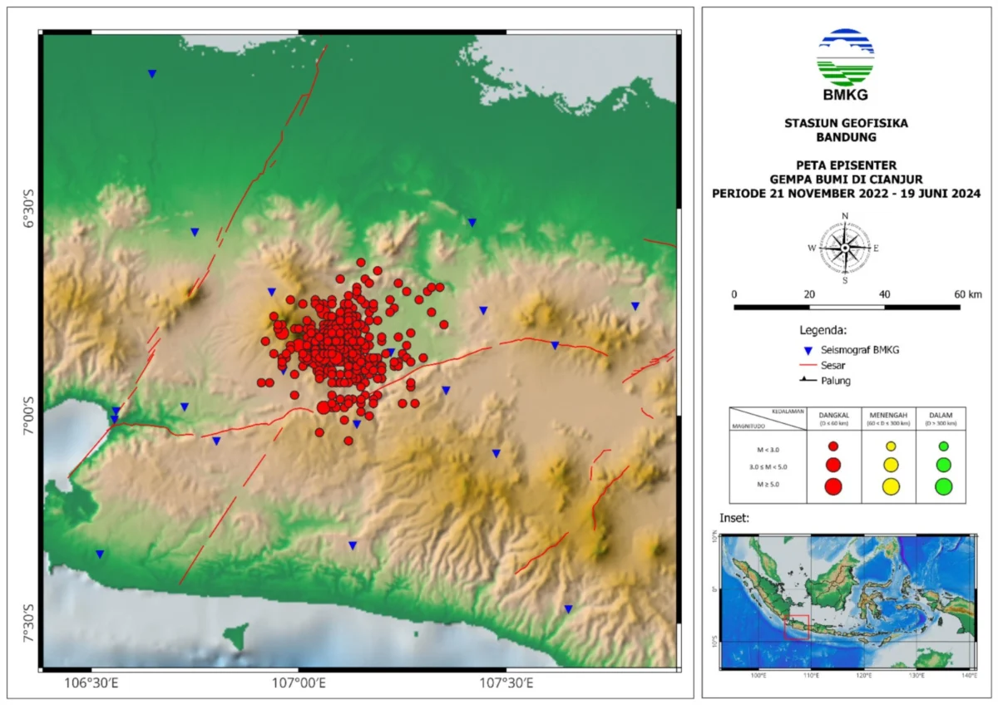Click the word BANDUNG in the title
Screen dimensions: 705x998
(845, 137)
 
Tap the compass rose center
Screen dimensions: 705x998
(845, 248)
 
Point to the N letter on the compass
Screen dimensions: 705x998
(845, 216)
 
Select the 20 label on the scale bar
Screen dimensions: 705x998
(809, 294)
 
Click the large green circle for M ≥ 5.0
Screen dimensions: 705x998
(943, 486)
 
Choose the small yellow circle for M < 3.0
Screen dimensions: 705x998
(890, 446)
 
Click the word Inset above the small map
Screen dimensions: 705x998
(734, 518)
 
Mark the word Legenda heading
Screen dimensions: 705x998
(823, 330)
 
